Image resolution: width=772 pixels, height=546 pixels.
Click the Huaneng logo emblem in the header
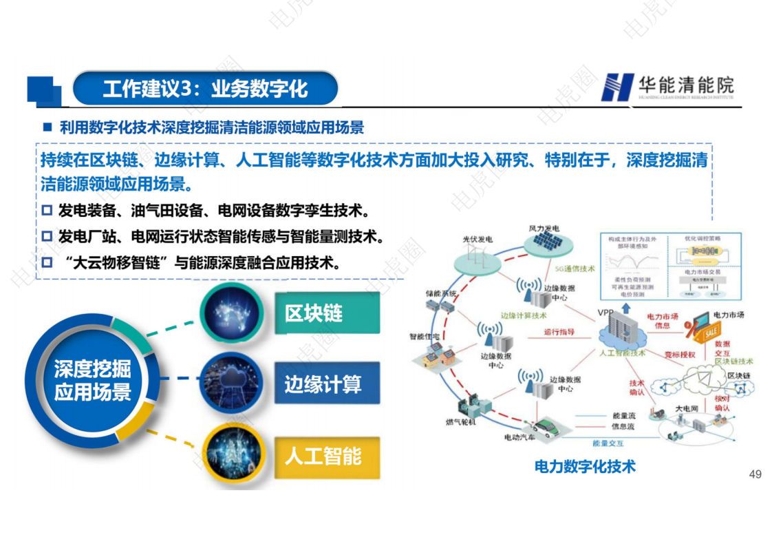(x=616, y=87)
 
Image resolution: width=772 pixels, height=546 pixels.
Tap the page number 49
(x=755, y=474)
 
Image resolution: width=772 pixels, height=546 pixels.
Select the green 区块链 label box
(x=325, y=313)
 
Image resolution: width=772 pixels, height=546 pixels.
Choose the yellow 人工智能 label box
(x=325, y=456)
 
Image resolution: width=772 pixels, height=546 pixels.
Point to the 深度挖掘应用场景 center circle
(x=92, y=381)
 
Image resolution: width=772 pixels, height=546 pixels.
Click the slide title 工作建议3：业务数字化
(x=205, y=89)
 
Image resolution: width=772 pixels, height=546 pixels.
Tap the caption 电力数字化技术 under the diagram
(x=585, y=466)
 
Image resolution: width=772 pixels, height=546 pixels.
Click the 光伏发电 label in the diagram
(x=478, y=239)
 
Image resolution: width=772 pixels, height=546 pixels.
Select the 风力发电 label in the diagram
(x=544, y=228)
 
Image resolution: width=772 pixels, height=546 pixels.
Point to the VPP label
(x=605, y=313)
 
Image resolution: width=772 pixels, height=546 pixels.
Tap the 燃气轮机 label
(x=460, y=421)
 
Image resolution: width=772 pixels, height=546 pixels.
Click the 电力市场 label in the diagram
(x=728, y=315)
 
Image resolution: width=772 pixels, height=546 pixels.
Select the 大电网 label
(x=686, y=408)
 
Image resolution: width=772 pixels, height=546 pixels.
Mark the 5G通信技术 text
(x=574, y=269)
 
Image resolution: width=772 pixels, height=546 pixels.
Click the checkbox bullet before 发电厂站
(x=47, y=236)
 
